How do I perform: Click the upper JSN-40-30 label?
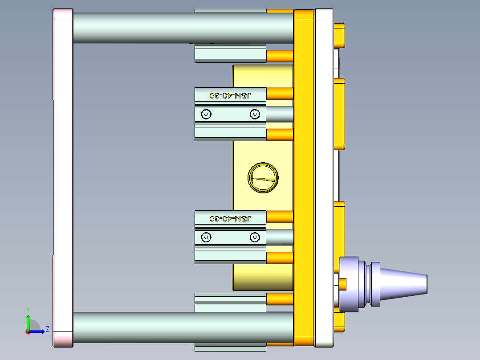coord(230,95)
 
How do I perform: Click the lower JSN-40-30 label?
coord(230,218)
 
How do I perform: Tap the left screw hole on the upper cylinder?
coord(206,115)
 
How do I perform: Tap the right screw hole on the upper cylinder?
coord(254,115)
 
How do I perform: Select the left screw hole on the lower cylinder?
coord(206,237)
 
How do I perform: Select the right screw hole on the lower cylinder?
coord(255,237)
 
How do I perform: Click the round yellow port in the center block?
coord(263,178)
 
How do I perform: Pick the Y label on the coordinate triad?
coord(28,309)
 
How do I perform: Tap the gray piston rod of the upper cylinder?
coord(280,115)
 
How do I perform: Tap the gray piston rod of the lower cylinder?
coord(280,237)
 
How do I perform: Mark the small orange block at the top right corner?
coord(339,35)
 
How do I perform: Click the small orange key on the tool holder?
coord(343,283)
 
